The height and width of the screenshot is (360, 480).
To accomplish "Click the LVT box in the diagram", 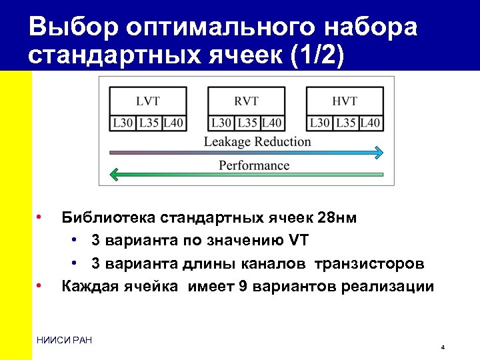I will (x=147, y=101).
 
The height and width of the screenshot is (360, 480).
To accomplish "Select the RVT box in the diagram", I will (x=246, y=101).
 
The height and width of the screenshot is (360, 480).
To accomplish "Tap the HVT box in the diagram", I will (x=345, y=101).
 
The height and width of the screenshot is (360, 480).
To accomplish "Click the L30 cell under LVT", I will (x=123, y=123).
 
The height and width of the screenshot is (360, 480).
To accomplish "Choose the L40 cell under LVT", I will (x=173, y=123).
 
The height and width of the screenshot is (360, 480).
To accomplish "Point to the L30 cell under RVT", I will (x=221, y=123).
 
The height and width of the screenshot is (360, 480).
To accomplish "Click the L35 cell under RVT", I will (x=247, y=123).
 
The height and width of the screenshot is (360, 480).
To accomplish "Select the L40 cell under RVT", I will (x=272, y=123).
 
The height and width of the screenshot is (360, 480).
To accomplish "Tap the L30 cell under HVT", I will (x=319, y=123).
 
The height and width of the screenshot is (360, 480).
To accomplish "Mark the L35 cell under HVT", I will (x=345, y=123).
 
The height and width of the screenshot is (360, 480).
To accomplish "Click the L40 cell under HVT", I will (x=371, y=123).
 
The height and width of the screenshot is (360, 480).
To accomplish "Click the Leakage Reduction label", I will (x=257, y=141).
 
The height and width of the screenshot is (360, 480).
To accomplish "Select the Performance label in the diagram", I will (x=254, y=165).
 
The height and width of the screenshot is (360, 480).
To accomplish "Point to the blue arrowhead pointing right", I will (x=378, y=153).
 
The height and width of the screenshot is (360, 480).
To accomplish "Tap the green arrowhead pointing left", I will (x=115, y=175).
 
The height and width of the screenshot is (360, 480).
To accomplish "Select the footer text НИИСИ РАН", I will (x=65, y=341).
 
